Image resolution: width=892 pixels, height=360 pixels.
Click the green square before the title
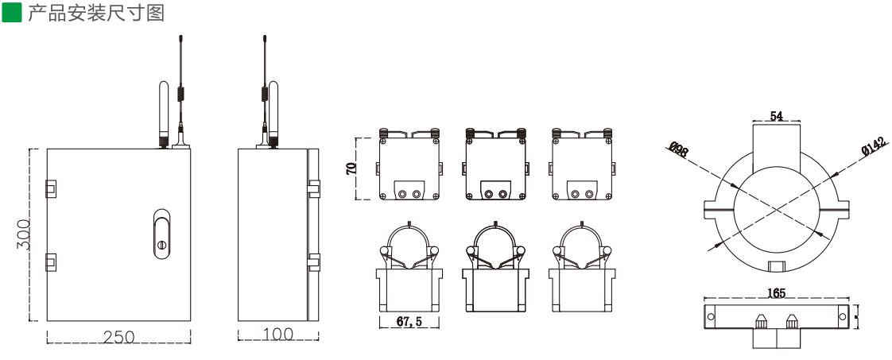(x=11, y=12)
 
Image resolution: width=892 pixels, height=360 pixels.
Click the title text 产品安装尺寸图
(x=96, y=13)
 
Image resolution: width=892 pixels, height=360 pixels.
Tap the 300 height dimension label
(x=24, y=234)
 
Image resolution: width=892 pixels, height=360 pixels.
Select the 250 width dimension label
(x=119, y=337)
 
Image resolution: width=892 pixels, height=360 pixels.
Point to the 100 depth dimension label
(x=277, y=334)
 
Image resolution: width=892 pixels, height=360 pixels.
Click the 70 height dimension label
(x=351, y=168)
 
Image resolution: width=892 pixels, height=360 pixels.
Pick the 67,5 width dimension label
(x=409, y=321)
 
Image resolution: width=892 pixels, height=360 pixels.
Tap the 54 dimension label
(x=777, y=116)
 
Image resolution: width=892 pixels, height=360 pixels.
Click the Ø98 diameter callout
(x=677, y=149)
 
